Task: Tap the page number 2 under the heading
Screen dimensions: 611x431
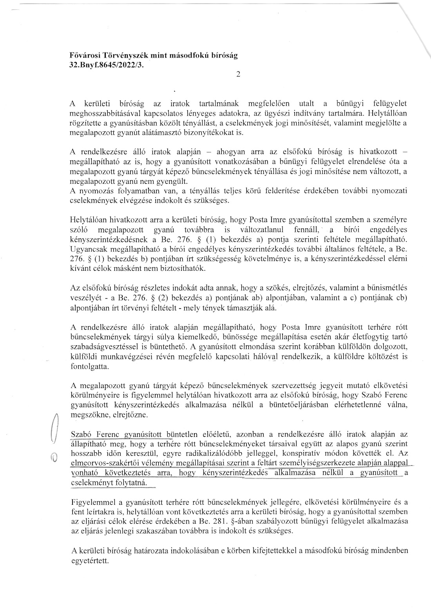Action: (x=238, y=74)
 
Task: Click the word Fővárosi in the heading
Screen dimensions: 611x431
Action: (x=82, y=56)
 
